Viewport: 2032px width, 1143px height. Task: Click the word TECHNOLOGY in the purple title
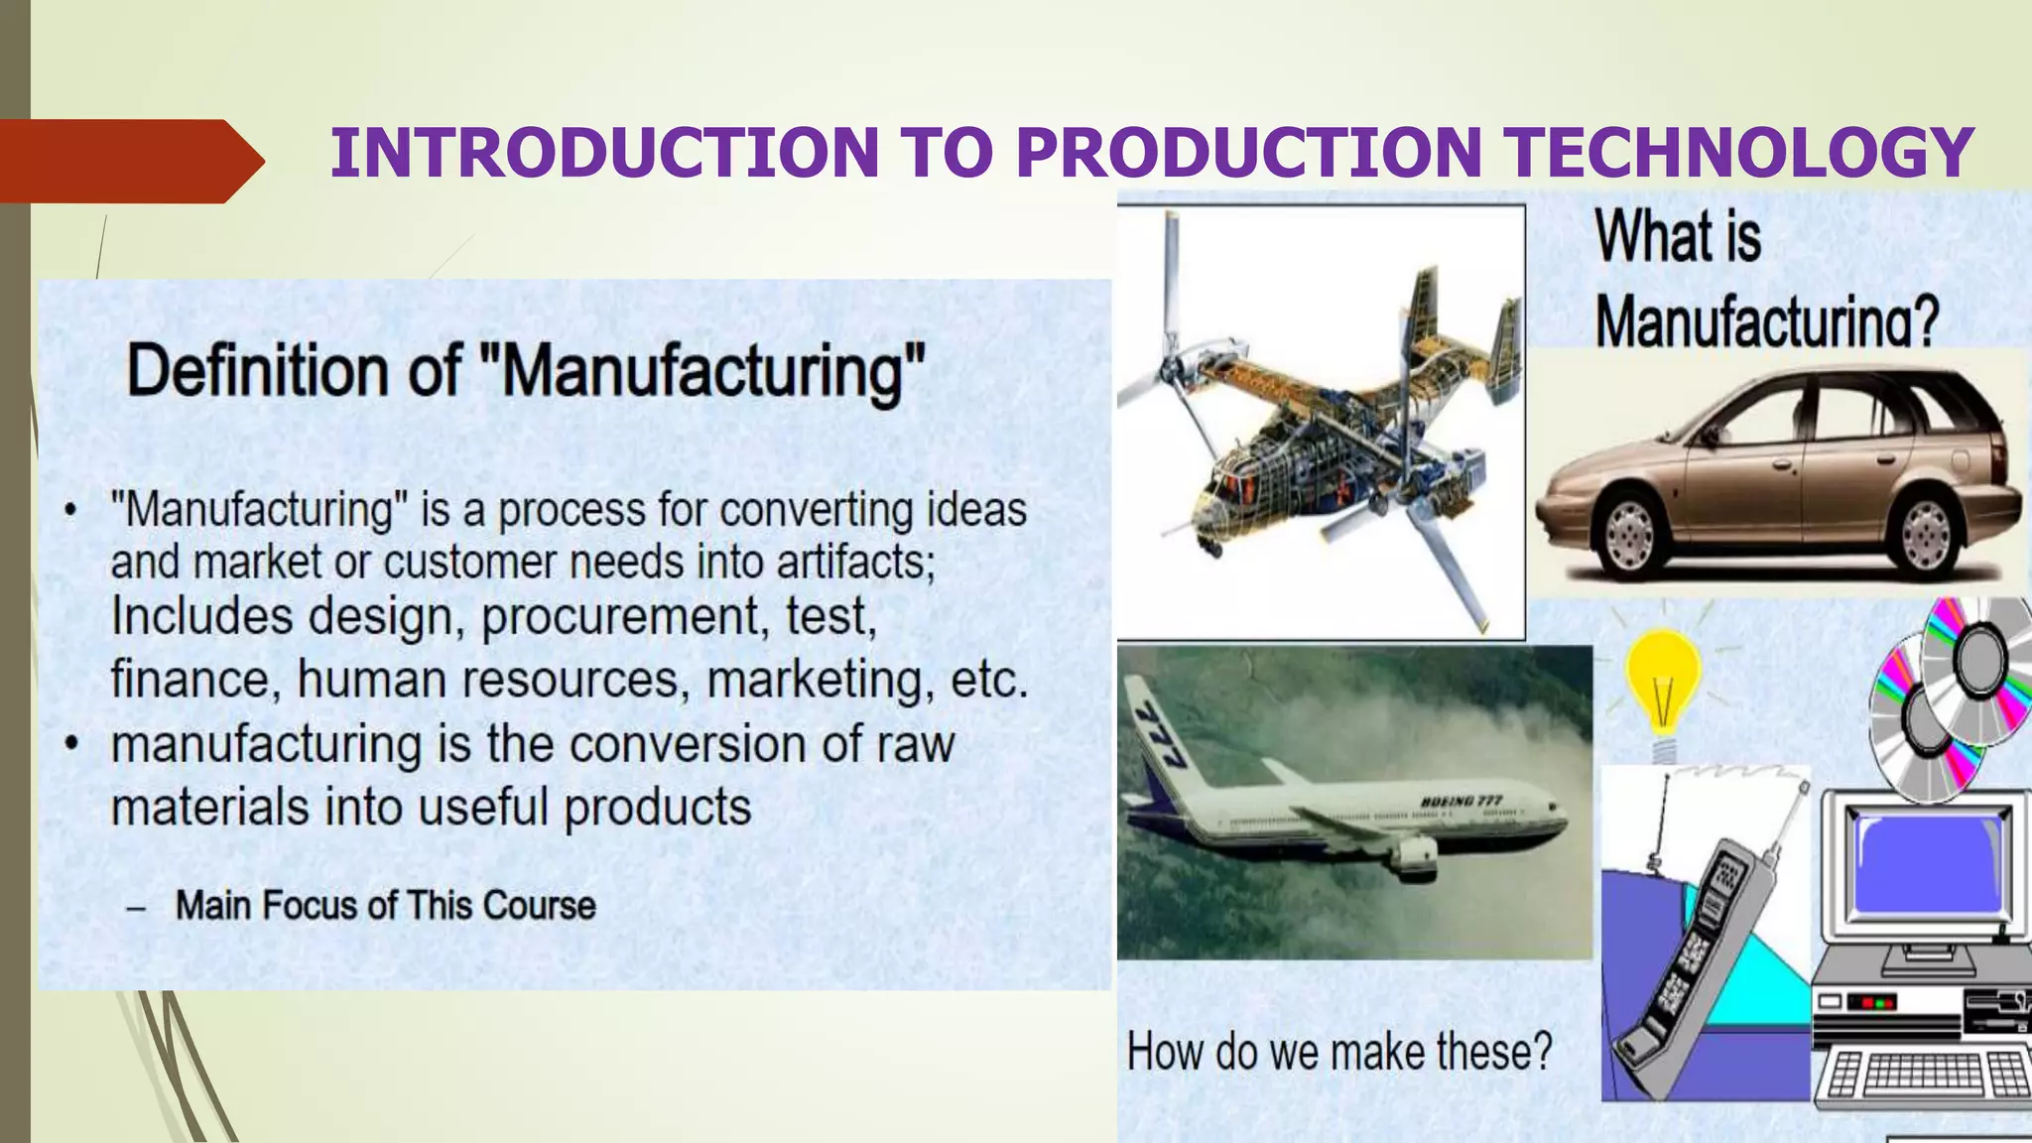coord(1736,153)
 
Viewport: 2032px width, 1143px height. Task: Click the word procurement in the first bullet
coord(619,617)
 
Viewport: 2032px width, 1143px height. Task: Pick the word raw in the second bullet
coord(915,744)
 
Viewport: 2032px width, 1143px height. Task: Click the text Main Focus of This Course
coord(385,905)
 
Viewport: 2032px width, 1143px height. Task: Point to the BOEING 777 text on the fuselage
coord(1460,801)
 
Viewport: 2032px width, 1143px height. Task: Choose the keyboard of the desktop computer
coord(1921,1077)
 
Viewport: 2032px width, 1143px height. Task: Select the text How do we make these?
coord(1338,1052)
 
